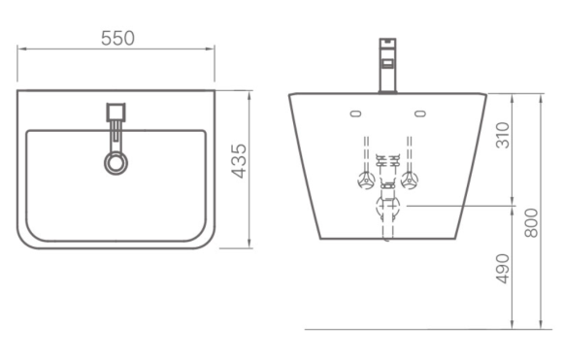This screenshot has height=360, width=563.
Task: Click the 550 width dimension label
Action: [117, 39]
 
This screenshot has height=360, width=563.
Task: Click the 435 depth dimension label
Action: [239, 161]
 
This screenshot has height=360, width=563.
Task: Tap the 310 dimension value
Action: [503, 135]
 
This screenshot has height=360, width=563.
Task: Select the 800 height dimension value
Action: [531, 223]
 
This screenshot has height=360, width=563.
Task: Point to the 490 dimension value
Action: [502, 269]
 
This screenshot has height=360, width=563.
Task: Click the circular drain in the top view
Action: [116, 163]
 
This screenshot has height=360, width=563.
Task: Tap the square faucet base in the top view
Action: [116, 112]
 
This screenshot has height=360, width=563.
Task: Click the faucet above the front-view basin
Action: [387, 65]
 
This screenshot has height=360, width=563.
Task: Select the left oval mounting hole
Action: [355, 114]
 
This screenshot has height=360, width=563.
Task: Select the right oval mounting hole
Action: [420, 114]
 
